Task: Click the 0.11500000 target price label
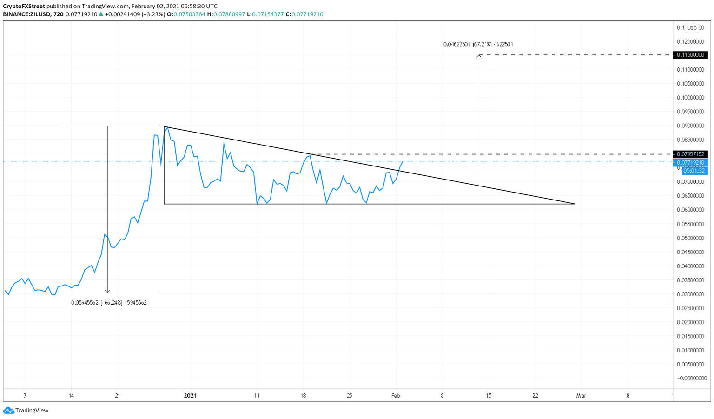coord(690,55)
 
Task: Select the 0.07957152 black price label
coord(690,154)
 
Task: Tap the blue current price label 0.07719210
coord(690,163)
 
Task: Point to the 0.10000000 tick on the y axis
coord(690,98)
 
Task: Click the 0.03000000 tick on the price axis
coord(690,294)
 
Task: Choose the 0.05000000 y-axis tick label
coord(690,238)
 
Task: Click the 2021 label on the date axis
coord(190,396)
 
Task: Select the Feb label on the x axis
coord(396,396)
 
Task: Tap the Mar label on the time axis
coord(581,396)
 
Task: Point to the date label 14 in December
coord(71,396)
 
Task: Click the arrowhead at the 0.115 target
coord(479,56)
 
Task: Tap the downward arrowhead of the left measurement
coord(108,292)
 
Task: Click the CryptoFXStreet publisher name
coord(24,6)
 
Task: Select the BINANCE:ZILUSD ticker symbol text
coord(26,14)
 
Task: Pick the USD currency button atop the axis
coord(692,28)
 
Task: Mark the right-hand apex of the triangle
coord(575,204)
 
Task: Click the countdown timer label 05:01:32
coord(694,171)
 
